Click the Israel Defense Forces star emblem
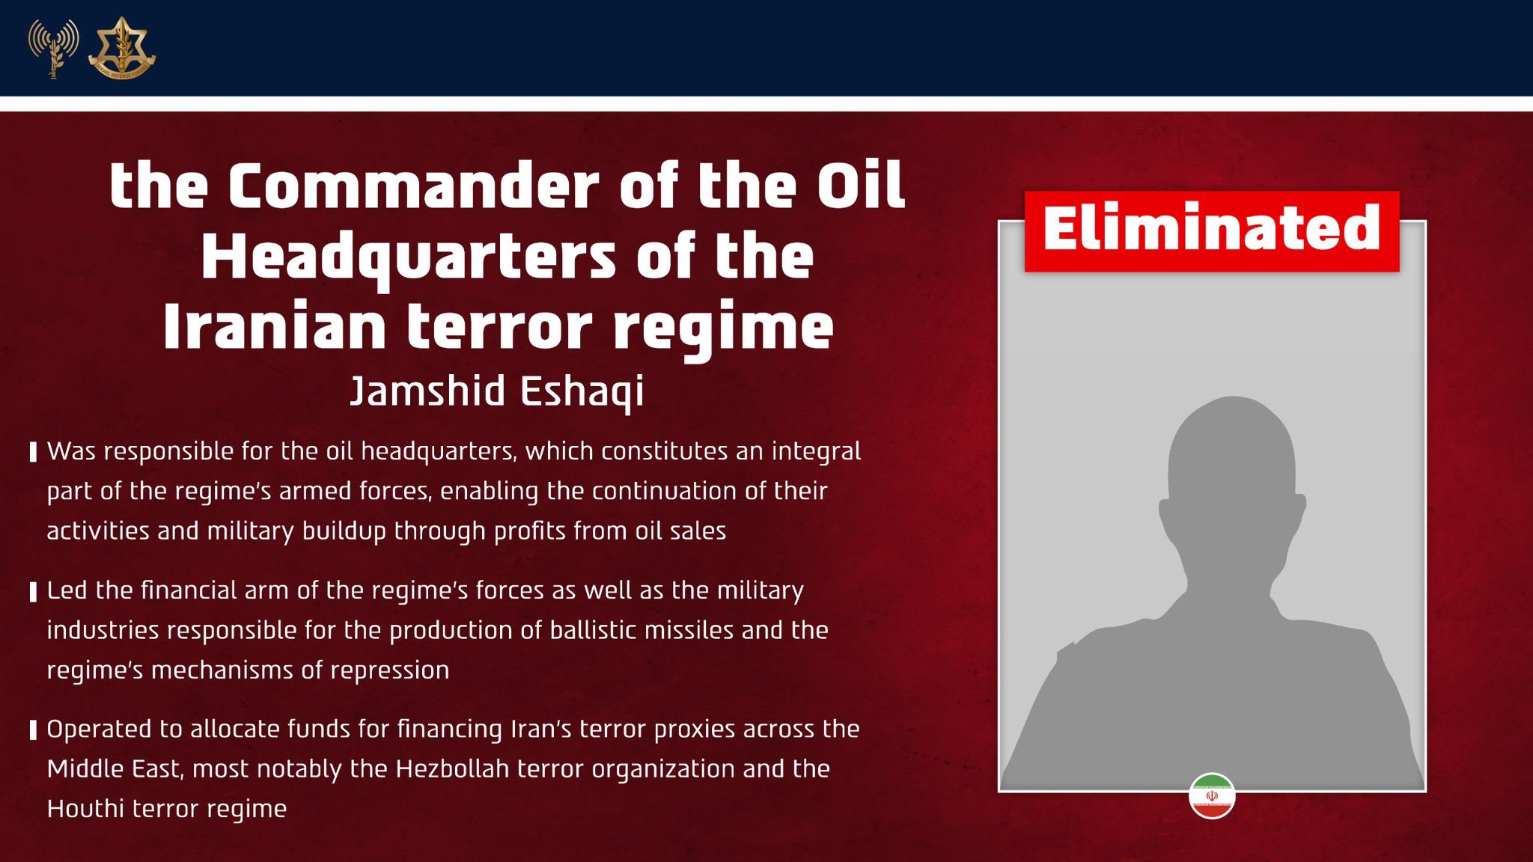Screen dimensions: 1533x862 [121, 49]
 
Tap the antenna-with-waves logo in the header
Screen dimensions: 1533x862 [53, 49]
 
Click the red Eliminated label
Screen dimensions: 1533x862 [1212, 230]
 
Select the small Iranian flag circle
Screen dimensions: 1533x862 [1212, 796]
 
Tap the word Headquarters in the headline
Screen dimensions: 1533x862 [408, 258]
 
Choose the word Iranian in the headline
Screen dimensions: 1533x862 [275, 327]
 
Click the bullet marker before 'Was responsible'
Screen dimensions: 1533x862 [33, 452]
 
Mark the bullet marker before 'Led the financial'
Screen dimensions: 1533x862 [33, 591]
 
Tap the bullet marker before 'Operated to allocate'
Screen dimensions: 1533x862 [33, 730]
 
